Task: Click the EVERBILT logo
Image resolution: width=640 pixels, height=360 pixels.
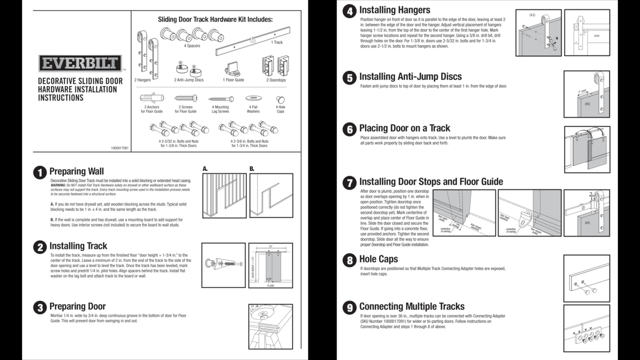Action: click(x=80, y=63)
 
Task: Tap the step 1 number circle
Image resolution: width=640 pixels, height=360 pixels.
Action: click(x=40, y=172)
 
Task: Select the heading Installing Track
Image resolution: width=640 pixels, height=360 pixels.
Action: click(x=78, y=246)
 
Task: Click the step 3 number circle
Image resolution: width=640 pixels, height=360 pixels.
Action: click(x=40, y=307)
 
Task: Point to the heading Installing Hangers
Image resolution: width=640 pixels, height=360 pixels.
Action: click(x=394, y=10)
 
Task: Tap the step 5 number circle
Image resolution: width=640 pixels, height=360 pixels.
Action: click(x=349, y=77)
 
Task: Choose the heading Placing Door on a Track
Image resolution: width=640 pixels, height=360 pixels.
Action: click(x=404, y=128)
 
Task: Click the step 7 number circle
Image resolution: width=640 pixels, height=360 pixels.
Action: click(x=349, y=182)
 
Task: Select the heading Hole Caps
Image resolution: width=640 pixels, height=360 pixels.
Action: click(x=378, y=259)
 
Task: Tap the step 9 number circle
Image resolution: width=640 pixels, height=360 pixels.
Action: click(x=349, y=307)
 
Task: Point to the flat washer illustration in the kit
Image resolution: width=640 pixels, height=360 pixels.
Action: click(x=253, y=98)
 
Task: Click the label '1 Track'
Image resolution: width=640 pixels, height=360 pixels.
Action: click(x=276, y=42)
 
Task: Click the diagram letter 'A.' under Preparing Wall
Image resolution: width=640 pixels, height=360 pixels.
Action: click(x=205, y=169)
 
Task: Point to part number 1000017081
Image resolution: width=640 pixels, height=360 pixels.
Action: click(x=119, y=148)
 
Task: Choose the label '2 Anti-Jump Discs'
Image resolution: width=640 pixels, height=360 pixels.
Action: click(x=188, y=80)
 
